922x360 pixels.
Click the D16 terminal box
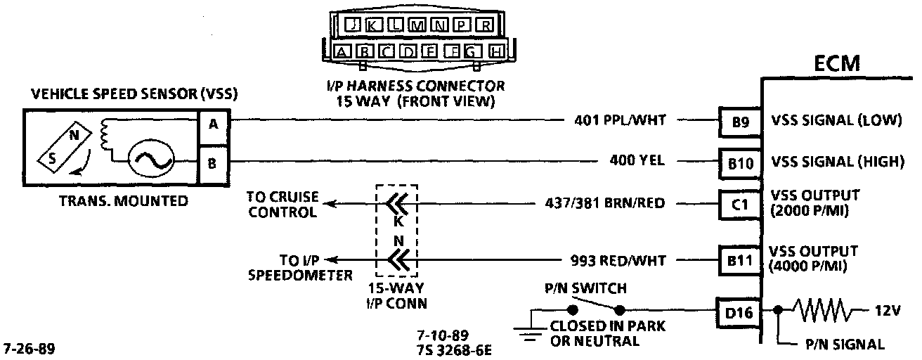point(738,310)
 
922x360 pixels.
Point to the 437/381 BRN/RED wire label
point(605,204)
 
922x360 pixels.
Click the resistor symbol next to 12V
point(824,309)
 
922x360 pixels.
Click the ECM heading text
point(836,64)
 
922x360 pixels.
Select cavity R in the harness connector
point(485,26)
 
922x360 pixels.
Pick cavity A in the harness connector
point(342,51)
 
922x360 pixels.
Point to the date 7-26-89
point(30,348)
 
